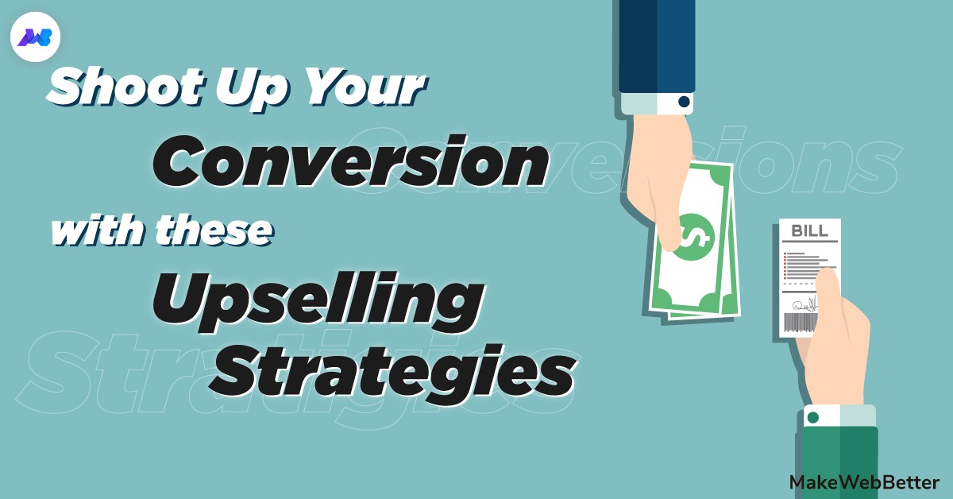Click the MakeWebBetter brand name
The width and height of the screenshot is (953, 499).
[865, 482]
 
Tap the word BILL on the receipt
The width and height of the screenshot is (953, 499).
[809, 231]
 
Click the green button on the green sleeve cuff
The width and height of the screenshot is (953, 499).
[812, 416]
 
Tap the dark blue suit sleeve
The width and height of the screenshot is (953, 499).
[656, 44]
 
